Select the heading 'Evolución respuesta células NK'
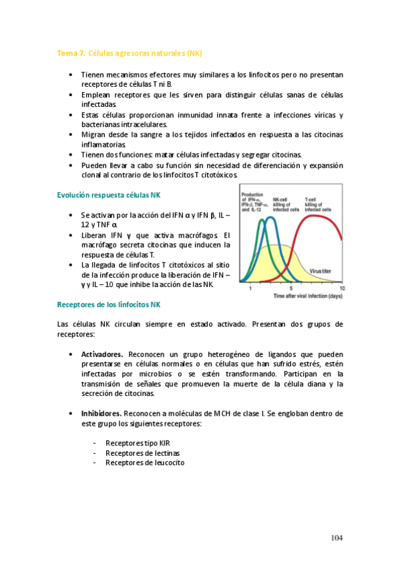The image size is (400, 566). [109, 194]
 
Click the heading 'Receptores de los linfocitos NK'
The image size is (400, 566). [109, 304]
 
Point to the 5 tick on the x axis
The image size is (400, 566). [290, 288]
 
